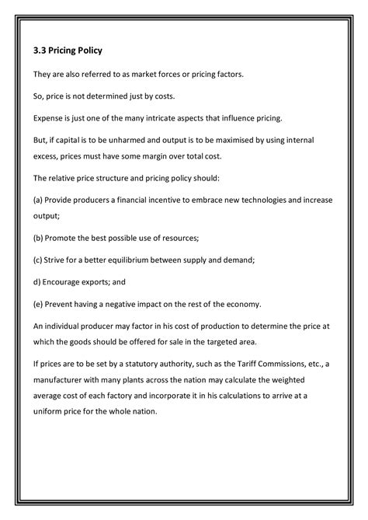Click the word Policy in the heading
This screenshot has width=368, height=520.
88,51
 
